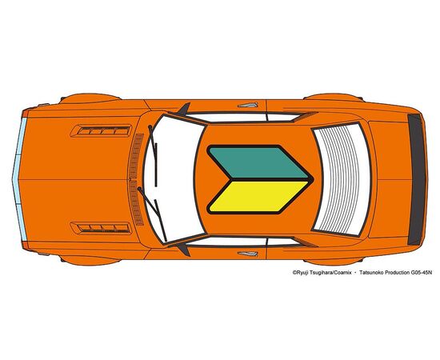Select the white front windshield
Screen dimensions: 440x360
pos(174,179)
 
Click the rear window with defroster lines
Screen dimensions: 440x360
pos(341,179)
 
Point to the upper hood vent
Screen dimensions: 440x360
pos(101,130)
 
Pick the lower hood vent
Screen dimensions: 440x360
pos(101,228)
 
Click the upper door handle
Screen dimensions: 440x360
pos(248,106)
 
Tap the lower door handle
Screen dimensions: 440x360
pos(248,254)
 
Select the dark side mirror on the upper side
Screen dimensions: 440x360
pos(186,109)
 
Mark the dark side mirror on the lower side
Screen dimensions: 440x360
pos(185,249)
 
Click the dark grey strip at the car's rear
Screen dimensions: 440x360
pos(417,179)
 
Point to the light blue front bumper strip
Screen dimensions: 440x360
pos(19,179)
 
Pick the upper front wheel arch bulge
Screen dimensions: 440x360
pos(90,98)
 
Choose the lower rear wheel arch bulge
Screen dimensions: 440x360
pos(334,261)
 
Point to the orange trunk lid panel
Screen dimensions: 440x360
pos(388,179)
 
